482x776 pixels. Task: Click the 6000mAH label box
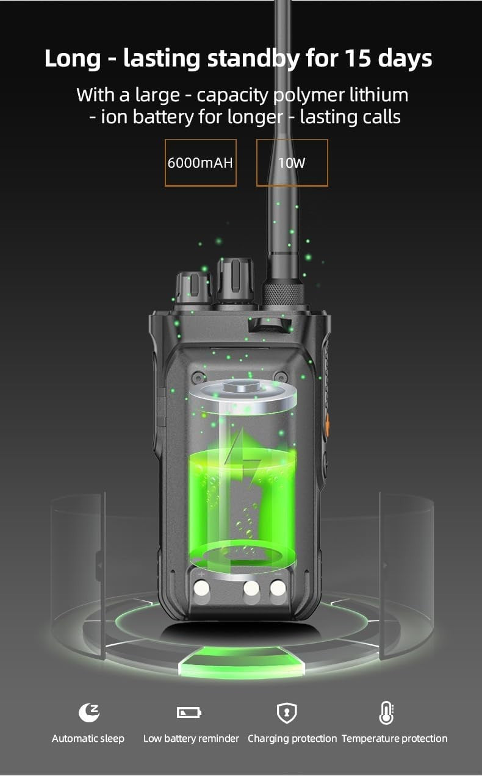(x=200, y=163)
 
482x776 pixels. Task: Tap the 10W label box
(x=292, y=163)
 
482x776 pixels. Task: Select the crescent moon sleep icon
(x=88, y=713)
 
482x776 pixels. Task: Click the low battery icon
(x=189, y=713)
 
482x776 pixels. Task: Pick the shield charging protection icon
(x=287, y=713)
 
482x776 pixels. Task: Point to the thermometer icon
(x=386, y=713)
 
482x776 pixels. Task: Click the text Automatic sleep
(x=88, y=738)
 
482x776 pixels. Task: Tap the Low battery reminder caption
(x=192, y=738)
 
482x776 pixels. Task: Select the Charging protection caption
(x=292, y=738)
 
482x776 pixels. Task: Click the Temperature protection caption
(x=394, y=738)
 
